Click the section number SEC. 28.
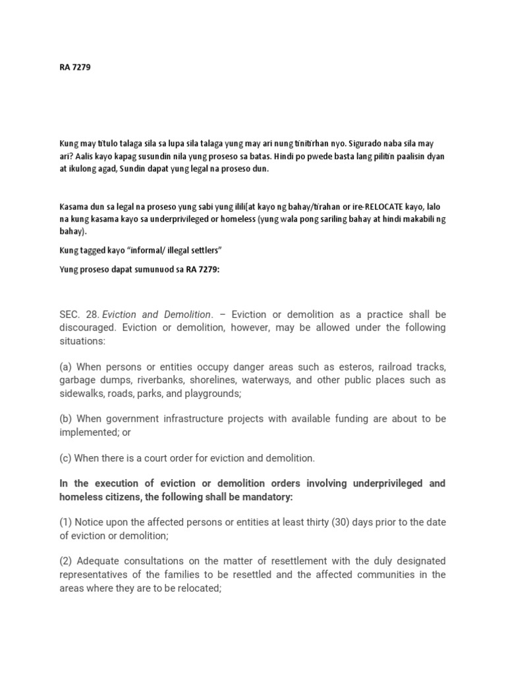[78, 314]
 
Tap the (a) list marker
[66, 367]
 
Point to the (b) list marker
[66, 419]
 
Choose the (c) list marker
[65, 457]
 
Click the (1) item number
[66, 522]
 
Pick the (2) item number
[66, 561]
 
